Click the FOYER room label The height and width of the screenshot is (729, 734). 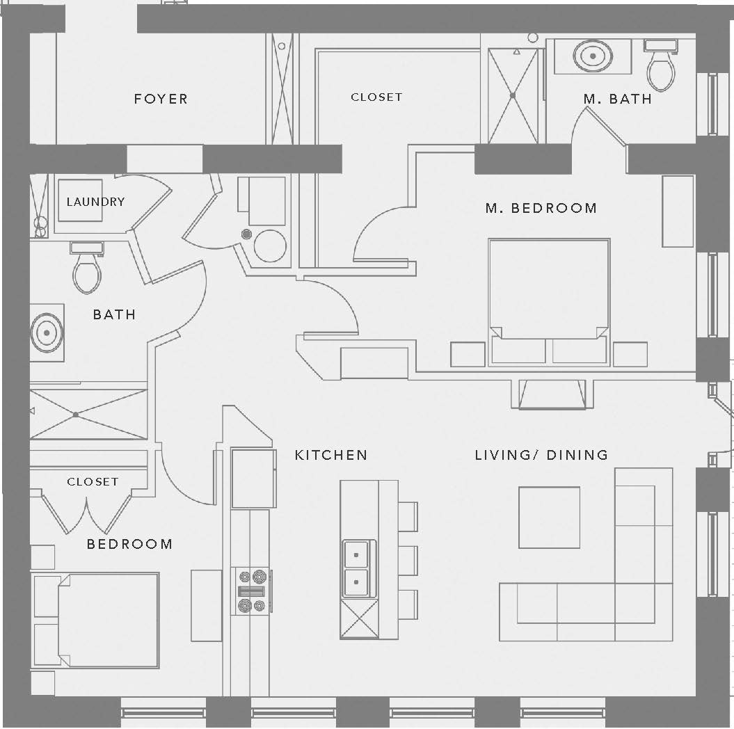(161, 99)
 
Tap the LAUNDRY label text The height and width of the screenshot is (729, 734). (95, 202)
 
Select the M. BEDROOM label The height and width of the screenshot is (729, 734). (541, 208)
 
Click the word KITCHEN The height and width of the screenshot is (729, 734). (331, 455)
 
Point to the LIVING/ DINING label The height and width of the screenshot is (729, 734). (541, 455)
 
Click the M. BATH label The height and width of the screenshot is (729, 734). (618, 99)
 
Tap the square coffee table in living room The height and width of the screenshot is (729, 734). (549, 518)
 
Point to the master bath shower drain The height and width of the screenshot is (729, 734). (513, 95)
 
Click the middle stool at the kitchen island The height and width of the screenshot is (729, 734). (407, 560)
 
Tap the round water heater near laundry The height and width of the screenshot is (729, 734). (270, 246)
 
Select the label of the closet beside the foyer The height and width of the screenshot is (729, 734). (376, 97)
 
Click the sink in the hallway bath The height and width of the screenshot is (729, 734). (47, 333)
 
